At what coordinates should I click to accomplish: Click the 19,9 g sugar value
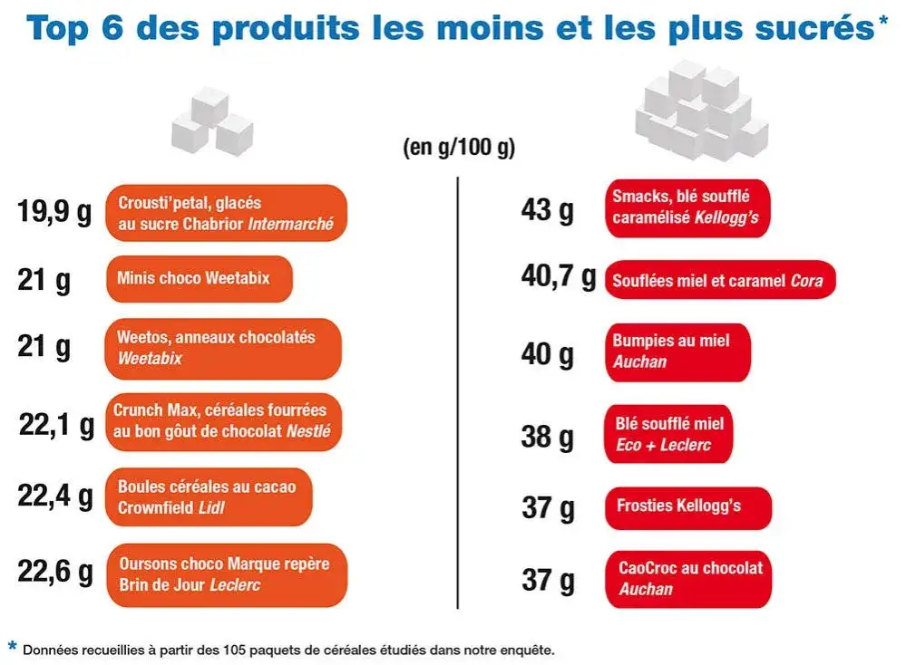tap(54, 213)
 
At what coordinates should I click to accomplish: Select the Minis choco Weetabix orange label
tap(200, 279)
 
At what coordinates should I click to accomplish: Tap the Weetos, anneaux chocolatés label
tap(223, 348)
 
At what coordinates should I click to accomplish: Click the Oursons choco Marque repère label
tap(226, 574)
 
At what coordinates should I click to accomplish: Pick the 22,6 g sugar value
tap(54, 573)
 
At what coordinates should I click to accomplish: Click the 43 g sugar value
tap(547, 210)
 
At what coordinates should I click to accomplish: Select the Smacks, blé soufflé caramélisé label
tap(687, 207)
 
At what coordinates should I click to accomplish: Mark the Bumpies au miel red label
tap(677, 352)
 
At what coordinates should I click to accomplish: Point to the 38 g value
tap(547, 437)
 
